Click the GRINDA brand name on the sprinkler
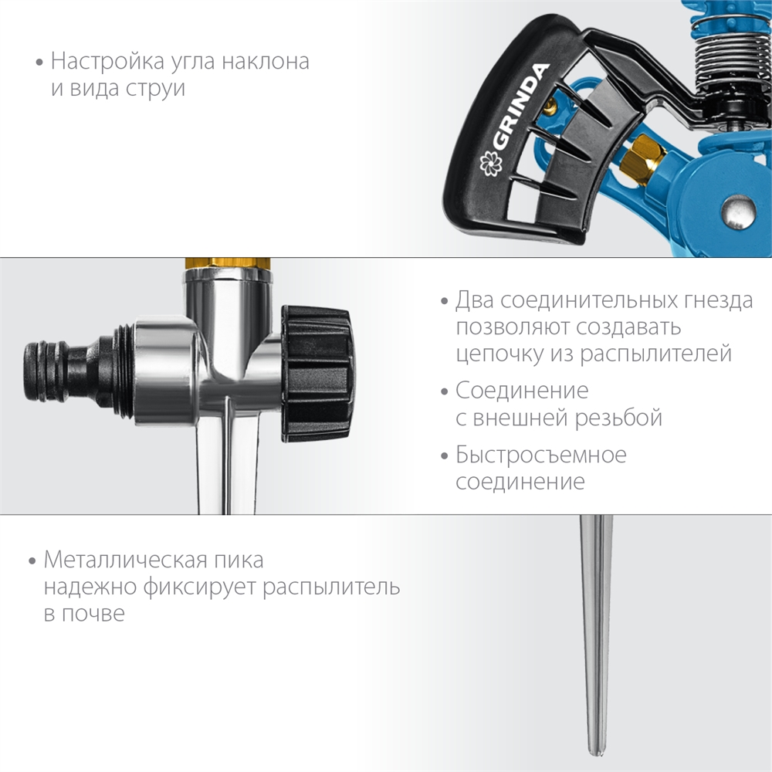518,108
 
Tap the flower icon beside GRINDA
489,162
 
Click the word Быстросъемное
540,455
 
